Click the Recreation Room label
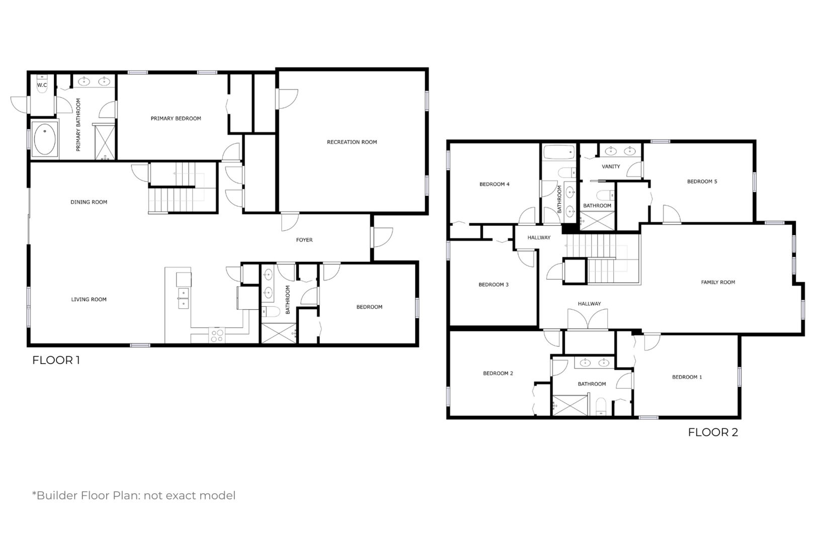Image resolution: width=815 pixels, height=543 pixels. [x=352, y=142]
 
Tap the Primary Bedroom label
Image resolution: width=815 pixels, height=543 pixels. [x=176, y=119]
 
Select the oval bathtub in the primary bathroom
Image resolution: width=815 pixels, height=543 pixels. [x=45, y=139]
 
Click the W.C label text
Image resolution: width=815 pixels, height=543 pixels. [x=42, y=85]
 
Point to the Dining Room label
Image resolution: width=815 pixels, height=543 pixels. [x=89, y=202]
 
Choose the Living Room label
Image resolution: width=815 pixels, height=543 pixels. [x=89, y=300]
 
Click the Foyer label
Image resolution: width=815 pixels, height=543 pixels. [x=304, y=240]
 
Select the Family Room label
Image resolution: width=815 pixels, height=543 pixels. [x=718, y=282]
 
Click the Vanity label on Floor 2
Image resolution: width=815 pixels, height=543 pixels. [x=611, y=166]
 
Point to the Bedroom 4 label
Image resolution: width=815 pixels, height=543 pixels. [x=495, y=185]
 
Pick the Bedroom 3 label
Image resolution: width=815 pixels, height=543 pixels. [x=494, y=285]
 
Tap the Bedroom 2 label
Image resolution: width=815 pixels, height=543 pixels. [x=498, y=374]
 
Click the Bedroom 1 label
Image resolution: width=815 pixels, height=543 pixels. [x=687, y=377]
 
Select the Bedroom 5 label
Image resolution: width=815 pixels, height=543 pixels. [x=702, y=182]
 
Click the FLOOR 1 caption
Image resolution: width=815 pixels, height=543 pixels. [x=56, y=360]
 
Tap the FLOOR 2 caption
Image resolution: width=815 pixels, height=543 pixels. [x=713, y=432]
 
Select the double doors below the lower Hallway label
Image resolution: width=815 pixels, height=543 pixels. [x=588, y=319]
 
